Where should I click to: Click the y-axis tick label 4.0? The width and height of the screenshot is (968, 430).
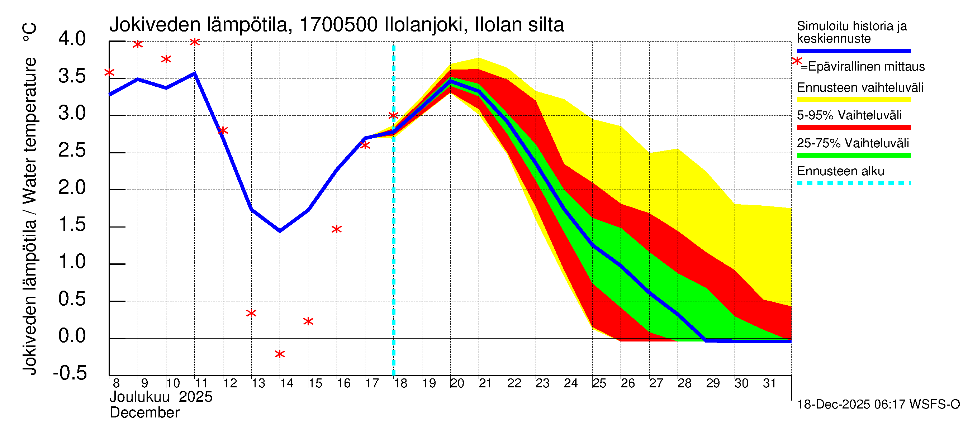pyautogui.click(x=72, y=39)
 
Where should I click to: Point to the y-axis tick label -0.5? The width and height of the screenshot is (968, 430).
pyautogui.click(x=70, y=373)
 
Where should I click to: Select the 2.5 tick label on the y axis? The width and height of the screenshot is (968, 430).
pyautogui.click(x=72, y=150)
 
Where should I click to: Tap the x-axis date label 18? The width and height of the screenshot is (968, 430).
pyautogui.click(x=400, y=383)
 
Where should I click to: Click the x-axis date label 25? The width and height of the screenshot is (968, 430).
pyautogui.click(x=599, y=383)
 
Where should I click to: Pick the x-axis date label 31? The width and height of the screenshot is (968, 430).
pyautogui.click(x=770, y=383)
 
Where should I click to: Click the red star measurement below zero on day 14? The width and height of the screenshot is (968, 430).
pyautogui.click(x=280, y=354)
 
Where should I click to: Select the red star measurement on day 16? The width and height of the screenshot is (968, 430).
pyautogui.click(x=337, y=229)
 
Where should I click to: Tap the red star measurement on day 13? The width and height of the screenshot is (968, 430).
pyautogui.click(x=251, y=313)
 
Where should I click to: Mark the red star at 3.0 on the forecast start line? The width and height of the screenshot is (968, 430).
pyautogui.click(x=393, y=115)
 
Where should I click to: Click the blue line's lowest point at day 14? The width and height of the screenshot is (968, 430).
pyautogui.click(x=280, y=230)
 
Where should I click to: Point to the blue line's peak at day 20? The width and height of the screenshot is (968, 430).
pyautogui.click(x=450, y=81)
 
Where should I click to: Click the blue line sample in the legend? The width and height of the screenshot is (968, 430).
pyautogui.click(x=853, y=51)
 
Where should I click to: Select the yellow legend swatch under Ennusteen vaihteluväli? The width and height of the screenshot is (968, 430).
pyautogui.click(x=853, y=100)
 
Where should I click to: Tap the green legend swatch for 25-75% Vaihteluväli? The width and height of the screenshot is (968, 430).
pyautogui.click(x=853, y=155)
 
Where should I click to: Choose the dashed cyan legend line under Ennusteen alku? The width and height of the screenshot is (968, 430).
pyautogui.click(x=853, y=183)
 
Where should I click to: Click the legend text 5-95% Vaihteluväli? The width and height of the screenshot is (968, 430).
pyautogui.click(x=849, y=115)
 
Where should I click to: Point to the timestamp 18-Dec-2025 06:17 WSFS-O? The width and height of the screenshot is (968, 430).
pyautogui.click(x=878, y=405)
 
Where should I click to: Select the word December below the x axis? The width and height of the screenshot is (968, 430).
pyautogui.click(x=145, y=413)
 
